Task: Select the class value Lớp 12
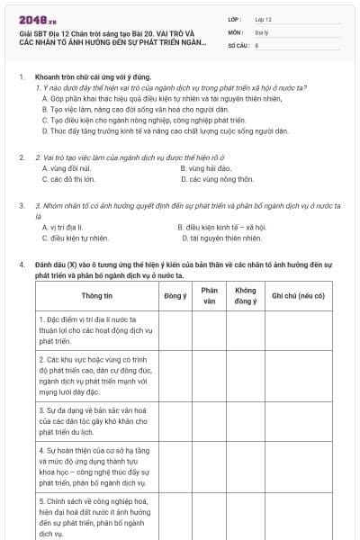click(x=263, y=18)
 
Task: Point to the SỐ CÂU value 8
click(x=257, y=43)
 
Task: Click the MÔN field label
click(x=237, y=31)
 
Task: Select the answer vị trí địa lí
click(x=63, y=228)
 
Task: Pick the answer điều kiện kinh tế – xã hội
click(x=225, y=228)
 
